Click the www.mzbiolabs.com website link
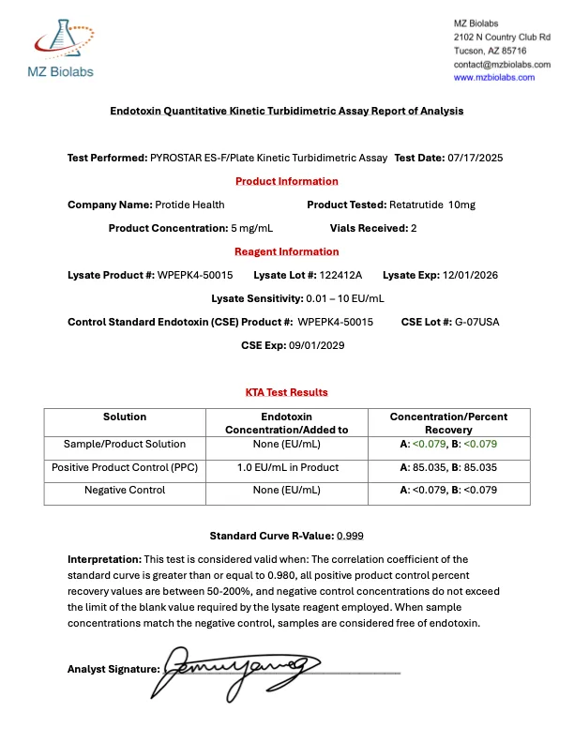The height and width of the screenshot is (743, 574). click(x=494, y=78)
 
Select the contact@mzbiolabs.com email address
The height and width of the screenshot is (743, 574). click(x=502, y=64)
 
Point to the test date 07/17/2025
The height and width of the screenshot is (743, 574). click(x=476, y=158)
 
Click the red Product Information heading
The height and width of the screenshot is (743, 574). click(x=286, y=181)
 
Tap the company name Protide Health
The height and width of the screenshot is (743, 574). click(x=189, y=205)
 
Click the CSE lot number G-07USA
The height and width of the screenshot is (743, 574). click(x=477, y=322)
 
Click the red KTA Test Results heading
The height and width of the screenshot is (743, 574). click(x=286, y=392)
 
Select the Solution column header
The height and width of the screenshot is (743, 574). click(x=125, y=417)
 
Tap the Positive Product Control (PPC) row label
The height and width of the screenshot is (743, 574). click(x=125, y=467)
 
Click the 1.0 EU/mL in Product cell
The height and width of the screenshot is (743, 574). click(x=287, y=467)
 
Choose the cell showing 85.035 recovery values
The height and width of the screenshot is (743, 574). click(x=448, y=467)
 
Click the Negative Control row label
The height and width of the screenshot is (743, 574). click(x=125, y=490)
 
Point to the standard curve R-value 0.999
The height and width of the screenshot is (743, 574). click(x=350, y=536)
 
